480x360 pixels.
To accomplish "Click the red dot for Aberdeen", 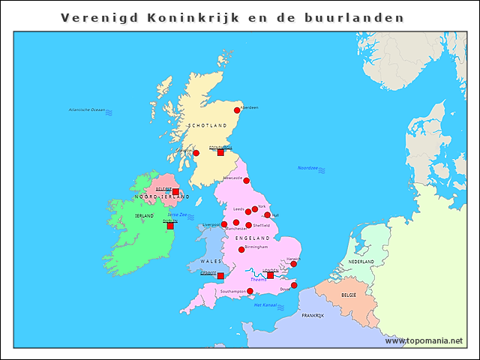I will point(238,110).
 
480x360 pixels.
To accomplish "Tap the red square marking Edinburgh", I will point(220,152).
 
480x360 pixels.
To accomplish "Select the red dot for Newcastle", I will point(246,181).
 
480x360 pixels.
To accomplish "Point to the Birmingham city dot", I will point(241,250).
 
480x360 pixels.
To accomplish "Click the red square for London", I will point(271,275).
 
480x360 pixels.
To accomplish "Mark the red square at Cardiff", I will point(220,276).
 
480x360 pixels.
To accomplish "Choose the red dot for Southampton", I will point(250,291).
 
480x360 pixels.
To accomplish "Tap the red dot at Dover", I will point(294,285).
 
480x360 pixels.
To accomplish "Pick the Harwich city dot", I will point(294,264).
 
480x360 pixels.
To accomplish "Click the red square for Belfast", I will point(175,192).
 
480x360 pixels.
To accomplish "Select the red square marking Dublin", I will point(170,225).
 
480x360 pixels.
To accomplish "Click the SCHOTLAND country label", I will point(207,125).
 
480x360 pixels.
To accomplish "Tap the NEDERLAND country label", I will point(361,262).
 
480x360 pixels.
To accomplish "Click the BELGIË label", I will point(349,295).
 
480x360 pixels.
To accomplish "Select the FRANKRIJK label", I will point(312,316).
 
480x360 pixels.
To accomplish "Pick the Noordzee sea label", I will point(307,168).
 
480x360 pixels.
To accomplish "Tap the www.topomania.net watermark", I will point(424,341).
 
